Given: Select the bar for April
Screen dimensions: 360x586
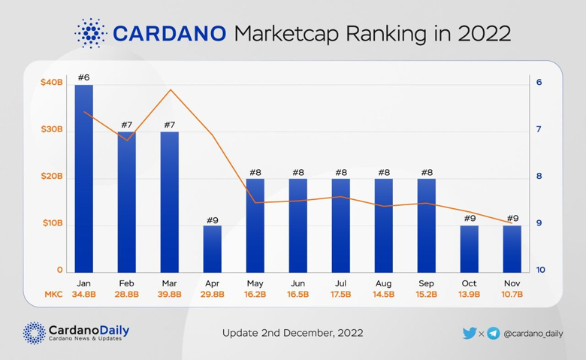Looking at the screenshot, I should pyautogui.click(x=213, y=249).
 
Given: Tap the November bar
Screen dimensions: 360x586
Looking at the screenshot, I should pyautogui.click(x=512, y=249).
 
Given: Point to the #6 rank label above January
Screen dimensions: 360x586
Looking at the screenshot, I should pyautogui.click(x=84, y=77).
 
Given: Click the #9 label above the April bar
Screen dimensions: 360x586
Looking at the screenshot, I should pyautogui.click(x=213, y=219).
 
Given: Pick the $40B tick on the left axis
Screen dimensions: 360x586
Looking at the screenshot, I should pyautogui.click(x=52, y=83).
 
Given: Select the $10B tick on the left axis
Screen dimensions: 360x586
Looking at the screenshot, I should pyautogui.click(x=52, y=224).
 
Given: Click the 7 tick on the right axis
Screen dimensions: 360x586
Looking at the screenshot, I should pyautogui.click(x=539, y=130).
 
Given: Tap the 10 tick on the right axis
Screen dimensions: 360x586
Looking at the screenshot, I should pyautogui.click(x=539, y=271).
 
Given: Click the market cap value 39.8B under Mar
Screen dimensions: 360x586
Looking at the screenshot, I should pyautogui.click(x=170, y=295).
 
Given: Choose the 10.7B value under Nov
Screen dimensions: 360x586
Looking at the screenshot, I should pyautogui.click(x=512, y=295).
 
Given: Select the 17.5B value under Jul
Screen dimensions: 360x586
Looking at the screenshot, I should pyautogui.click(x=341, y=295).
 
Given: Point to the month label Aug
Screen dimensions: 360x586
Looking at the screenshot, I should pyautogui.click(x=384, y=283).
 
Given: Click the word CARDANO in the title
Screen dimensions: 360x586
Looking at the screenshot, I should pyautogui.click(x=169, y=33).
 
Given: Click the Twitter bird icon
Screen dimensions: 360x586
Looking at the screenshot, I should pyautogui.click(x=470, y=333).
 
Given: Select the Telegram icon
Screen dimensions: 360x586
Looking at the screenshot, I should pyautogui.click(x=493, y=333).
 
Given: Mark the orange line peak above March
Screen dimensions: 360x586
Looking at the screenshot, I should pyautogui.click(x=171, y=90).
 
